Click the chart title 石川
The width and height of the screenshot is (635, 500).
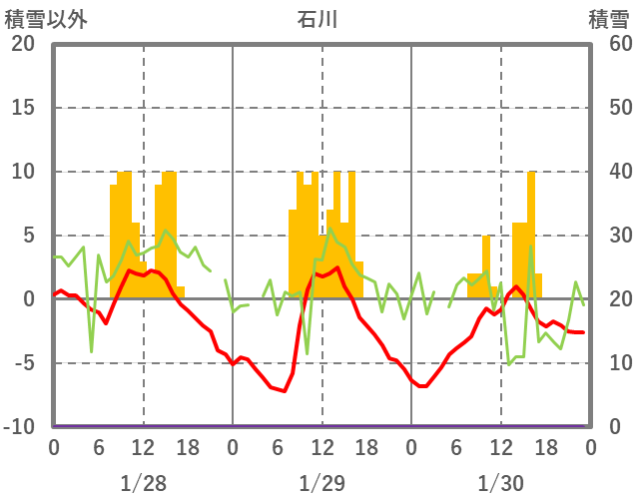click(x=318, y=19)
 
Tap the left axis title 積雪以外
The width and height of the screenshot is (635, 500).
click(x=46, y=19)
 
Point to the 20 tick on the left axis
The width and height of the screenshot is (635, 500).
click(x=23, y=44)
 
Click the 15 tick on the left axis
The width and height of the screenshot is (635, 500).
click(x=23, y=108)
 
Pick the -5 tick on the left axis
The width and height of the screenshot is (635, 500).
click(x=23, y=363)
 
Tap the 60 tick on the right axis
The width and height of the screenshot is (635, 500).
click(x=610, y=44)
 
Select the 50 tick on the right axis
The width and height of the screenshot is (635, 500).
click(x=610, y=108)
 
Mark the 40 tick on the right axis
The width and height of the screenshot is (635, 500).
click(x=610, y=172)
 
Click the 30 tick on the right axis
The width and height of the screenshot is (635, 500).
click(x=610, y=236)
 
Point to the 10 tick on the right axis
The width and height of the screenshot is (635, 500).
click(x=610, y=363)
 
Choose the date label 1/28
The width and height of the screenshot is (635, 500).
click(x=143, y=483)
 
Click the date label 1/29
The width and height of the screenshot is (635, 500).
click(x=321, y=483)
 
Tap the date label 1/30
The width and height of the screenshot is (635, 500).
click(x=500, y=483)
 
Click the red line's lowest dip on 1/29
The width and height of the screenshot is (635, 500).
click(x=285, y=390)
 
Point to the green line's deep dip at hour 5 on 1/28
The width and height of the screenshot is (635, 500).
click(x=91, y=350)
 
